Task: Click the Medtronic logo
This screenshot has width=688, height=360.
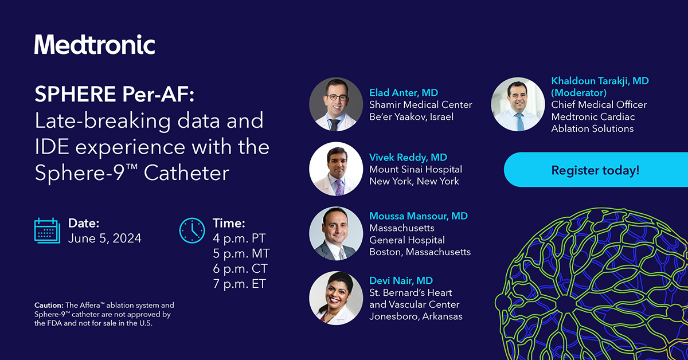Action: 95,45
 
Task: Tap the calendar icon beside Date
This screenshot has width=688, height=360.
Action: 47,230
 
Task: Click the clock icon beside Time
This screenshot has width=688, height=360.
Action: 192,230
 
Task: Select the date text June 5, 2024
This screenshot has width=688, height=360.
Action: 104,238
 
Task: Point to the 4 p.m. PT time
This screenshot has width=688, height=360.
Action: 239,238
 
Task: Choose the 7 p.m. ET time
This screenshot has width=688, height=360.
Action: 239,283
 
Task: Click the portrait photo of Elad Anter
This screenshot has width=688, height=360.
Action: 336,104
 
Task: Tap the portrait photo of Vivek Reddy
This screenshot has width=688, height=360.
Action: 336,169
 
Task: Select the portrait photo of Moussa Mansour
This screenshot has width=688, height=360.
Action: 336,234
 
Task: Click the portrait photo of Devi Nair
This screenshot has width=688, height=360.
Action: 336,298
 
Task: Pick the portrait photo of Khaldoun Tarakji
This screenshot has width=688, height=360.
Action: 518,104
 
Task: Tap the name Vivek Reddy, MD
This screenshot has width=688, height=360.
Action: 408,157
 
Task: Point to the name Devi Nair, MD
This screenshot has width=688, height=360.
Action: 401,281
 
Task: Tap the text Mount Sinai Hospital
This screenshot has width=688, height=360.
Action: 415,169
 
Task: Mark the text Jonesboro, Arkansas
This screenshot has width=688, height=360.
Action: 416,316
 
